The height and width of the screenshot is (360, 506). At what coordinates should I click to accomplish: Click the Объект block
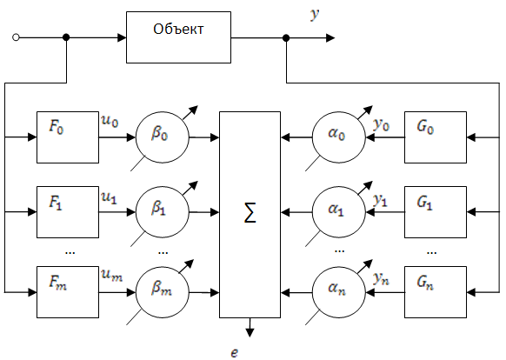point(178,37)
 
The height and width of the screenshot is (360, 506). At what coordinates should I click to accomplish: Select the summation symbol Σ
point(250,213)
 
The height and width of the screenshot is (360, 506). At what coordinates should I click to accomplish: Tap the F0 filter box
point(68,137)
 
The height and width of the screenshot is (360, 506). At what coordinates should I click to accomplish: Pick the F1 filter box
point(68,212)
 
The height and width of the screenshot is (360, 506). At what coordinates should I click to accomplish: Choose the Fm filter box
point(68,292)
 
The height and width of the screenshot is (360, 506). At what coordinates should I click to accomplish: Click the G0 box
point(436,137)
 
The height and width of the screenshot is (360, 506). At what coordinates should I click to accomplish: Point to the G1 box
point(436,212)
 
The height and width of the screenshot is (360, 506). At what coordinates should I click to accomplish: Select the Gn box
point(436,292)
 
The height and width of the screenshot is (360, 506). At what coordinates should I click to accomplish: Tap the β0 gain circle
point(163,137)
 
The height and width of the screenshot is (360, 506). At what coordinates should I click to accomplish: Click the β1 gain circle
point(163,212)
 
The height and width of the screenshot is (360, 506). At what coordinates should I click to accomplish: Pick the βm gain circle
point(163,292)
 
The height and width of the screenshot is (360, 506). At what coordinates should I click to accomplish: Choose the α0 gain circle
point(339,137)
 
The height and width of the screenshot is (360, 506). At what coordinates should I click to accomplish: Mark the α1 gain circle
point(339,212)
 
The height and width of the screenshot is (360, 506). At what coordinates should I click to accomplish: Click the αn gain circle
point(339,292)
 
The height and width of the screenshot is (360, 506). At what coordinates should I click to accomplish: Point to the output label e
point(235,353)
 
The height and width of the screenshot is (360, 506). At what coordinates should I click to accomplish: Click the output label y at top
point(315,14)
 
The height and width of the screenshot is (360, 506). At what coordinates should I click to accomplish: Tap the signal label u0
point(110,121)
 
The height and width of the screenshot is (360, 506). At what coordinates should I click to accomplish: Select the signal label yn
point(381,278)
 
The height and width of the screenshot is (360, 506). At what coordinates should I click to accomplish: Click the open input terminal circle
point(16,37)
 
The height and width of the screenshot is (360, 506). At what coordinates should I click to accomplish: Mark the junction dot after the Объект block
point(286,38)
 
